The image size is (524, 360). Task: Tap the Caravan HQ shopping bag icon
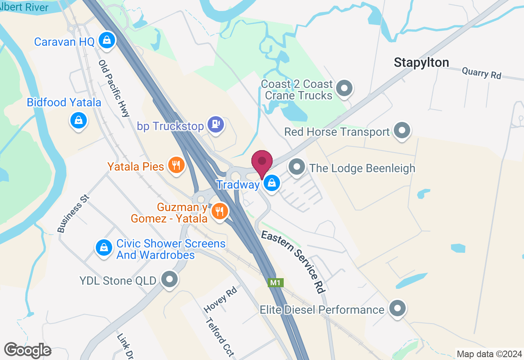107,40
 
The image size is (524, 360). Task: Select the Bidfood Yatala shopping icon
78,121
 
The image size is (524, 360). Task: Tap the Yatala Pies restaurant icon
176,165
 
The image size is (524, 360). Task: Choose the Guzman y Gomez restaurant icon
220,211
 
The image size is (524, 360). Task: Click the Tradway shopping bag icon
271,183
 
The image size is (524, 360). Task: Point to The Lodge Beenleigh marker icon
297,167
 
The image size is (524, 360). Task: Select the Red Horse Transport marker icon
402,130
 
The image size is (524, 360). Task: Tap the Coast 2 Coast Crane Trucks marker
344,88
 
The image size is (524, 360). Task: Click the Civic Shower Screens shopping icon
104,248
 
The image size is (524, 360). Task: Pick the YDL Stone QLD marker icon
169,280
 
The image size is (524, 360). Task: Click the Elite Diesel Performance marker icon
397,308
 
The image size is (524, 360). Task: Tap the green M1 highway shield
276,282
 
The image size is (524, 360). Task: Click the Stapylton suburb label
421,63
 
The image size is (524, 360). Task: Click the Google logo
27,350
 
